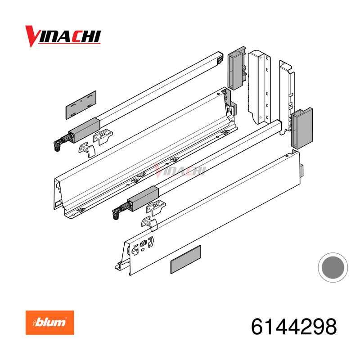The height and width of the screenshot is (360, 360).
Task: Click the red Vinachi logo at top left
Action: tap(63, 36)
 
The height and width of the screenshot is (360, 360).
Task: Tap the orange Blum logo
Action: tap(50, 322)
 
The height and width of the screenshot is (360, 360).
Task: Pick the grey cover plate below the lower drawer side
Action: tap(185, 259)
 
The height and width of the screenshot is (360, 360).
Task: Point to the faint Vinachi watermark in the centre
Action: tap(180, 170)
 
